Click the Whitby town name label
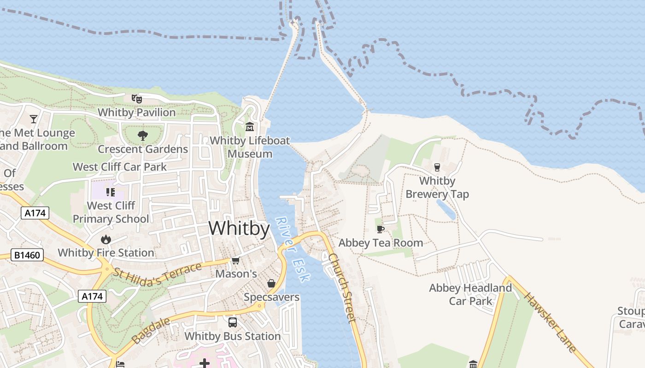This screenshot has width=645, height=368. [239, 228]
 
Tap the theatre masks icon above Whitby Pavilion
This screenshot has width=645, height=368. [136, 98]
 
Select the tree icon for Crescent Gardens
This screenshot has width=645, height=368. [143, 136]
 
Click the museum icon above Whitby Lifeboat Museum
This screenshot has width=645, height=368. [250, 126]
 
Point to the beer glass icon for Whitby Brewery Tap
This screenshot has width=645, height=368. [437, 167]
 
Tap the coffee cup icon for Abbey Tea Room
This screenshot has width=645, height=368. [380, 229]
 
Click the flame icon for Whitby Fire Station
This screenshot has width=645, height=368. [106, 239]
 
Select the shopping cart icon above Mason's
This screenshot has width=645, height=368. [236, 261]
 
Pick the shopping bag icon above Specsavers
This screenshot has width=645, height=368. [271, 283]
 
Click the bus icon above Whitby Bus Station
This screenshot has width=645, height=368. [233, 322]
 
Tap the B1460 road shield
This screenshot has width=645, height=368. [27, 255]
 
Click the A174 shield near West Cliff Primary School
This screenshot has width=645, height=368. [35, 213]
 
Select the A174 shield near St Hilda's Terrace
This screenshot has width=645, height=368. [92, 296]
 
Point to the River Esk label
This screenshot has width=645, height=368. [293, 249]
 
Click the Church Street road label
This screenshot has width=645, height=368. [343, 287]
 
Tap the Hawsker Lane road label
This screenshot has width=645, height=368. [550, 322]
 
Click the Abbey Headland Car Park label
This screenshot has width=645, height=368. [470, 294]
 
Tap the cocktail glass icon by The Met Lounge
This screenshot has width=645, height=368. [34, 119]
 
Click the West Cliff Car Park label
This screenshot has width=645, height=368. [120, 167]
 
